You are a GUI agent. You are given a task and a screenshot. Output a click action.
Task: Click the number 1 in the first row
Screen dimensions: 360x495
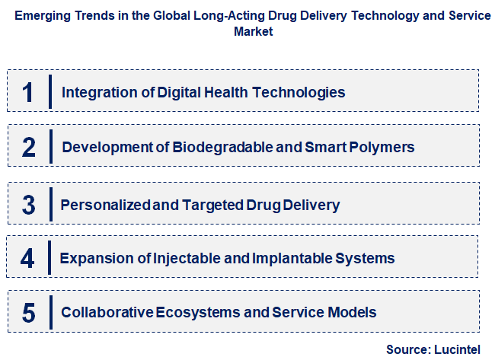(28, 92)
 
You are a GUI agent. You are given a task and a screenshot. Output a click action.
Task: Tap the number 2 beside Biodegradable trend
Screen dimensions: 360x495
(28, 147)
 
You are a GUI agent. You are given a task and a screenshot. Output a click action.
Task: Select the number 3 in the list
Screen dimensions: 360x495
(28, 204)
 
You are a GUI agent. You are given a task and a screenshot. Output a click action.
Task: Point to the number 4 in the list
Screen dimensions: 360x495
(28, 258)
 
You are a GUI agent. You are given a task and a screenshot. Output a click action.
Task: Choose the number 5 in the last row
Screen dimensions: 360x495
(28, 312)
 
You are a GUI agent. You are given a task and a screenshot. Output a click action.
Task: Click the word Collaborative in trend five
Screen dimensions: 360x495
(107, 312)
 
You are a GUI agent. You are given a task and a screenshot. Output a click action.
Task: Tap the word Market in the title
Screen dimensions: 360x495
(254, 32)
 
